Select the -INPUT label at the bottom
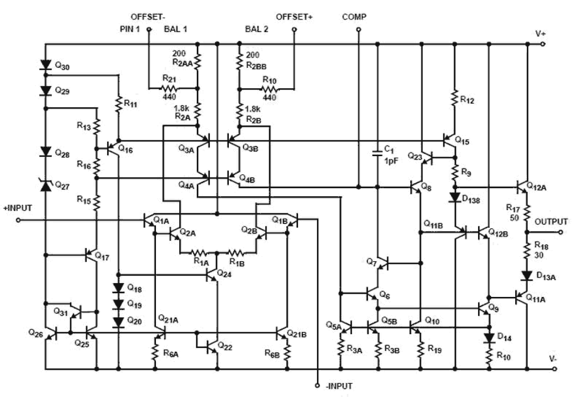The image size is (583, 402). point(338,386)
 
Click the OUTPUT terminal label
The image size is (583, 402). point(551,221)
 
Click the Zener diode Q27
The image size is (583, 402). point(45,185)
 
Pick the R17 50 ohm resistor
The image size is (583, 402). point(527,213)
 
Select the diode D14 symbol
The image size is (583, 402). point(489,337)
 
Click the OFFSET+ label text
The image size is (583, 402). point(294,17)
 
